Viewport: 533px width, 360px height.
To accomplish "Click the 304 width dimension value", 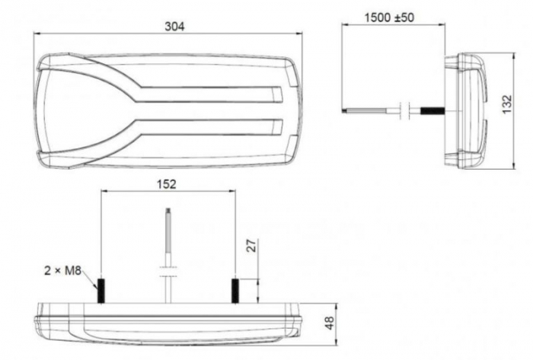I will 174,26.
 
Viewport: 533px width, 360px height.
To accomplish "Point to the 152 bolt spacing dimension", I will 166,183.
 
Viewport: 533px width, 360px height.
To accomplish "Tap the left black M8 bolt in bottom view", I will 99,290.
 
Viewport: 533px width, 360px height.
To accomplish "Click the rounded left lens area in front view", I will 76,110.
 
